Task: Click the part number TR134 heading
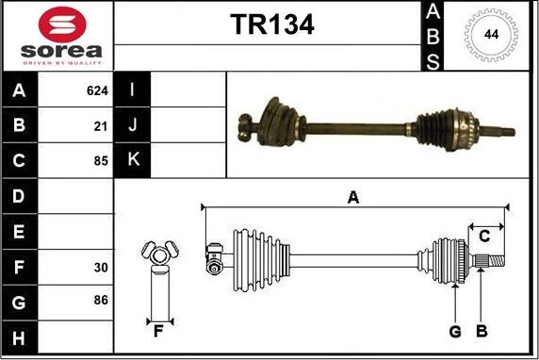272,24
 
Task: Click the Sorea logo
57,36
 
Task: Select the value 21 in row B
101,125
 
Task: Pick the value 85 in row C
101,159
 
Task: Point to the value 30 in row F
101,268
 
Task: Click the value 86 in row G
101,301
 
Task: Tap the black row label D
20,196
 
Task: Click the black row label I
133,91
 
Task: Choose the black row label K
133,159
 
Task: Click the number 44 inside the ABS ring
490,35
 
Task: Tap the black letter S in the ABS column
433,61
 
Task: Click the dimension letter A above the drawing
353,197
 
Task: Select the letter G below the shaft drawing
455,331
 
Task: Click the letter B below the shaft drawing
481,331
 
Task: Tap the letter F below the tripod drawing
158,331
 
